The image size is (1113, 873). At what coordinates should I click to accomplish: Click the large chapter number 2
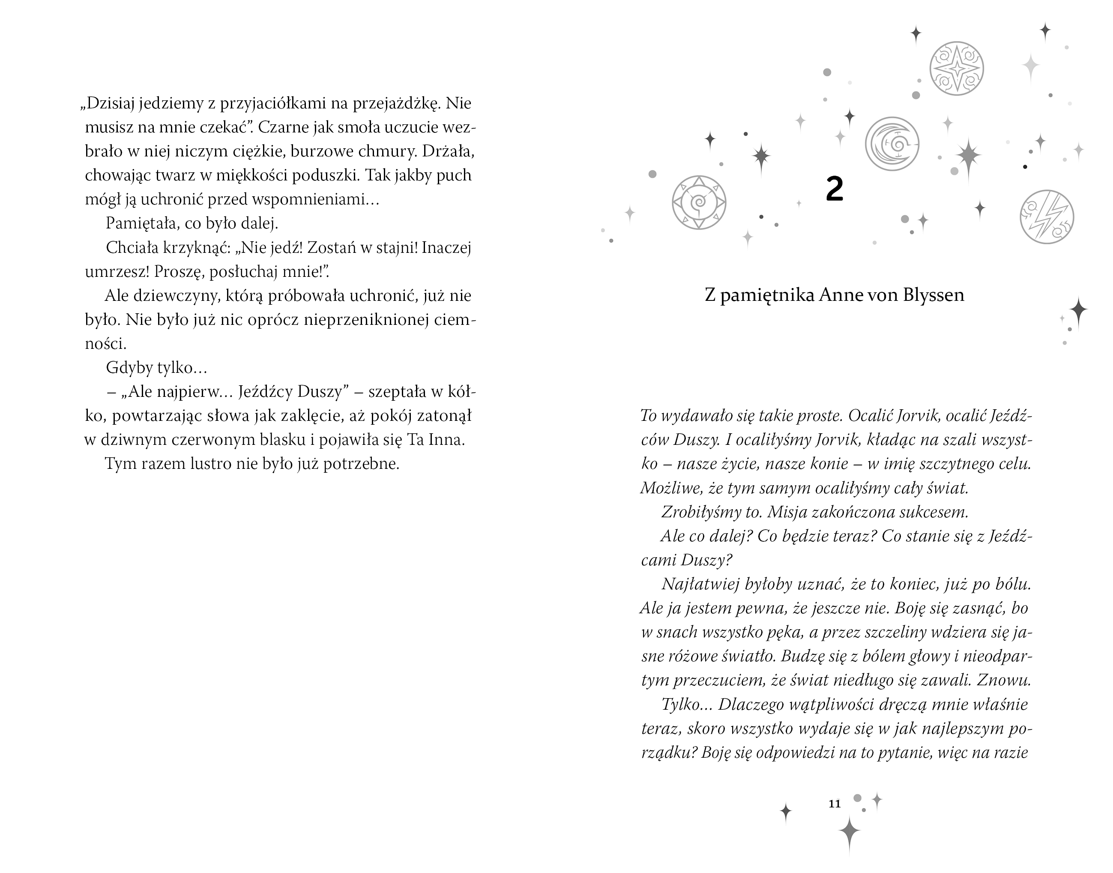[834, 189]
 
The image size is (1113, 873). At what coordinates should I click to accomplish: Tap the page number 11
[834, 804]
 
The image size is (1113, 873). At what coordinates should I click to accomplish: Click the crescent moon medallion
[892, 144]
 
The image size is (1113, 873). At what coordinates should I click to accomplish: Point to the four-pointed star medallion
[956, 69]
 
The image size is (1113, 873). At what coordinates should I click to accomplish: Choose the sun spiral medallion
[699, 202]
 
